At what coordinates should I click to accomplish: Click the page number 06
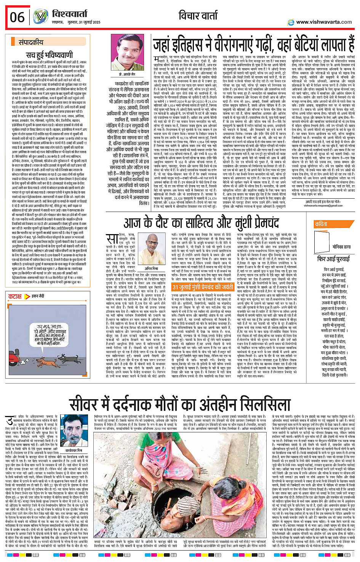click(x=17, y=18)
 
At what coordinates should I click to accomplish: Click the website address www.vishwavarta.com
click(x=324, y=22)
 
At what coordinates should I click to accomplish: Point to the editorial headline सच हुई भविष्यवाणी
click(x=50, y=55)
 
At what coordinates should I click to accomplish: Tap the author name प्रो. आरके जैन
click(x=127, y=74)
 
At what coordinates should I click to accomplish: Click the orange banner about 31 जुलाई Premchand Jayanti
click(x=203, y=287)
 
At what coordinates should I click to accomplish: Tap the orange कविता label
click(x=321, y=225)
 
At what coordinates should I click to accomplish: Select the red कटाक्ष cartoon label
click(x=15, y=296)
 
